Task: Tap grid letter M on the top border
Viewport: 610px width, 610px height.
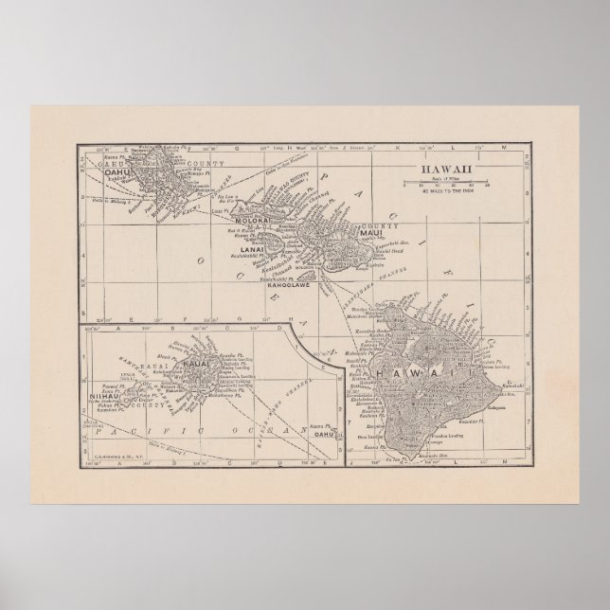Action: (506, 148)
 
